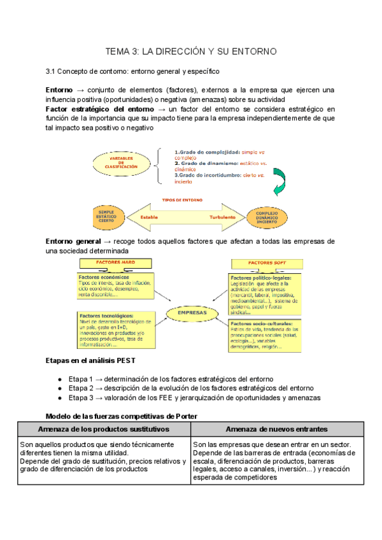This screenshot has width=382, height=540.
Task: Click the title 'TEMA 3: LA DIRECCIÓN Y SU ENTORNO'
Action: coord(190,51)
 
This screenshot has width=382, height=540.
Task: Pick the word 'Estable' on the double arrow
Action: coord(150,217)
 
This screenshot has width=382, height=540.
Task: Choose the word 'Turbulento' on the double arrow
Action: coord(223,217)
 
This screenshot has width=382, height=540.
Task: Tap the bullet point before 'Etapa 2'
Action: coord(59,388)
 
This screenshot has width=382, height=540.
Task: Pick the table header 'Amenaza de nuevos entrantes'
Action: coord(277,429)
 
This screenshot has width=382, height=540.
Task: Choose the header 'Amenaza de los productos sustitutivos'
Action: coord(104,429)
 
